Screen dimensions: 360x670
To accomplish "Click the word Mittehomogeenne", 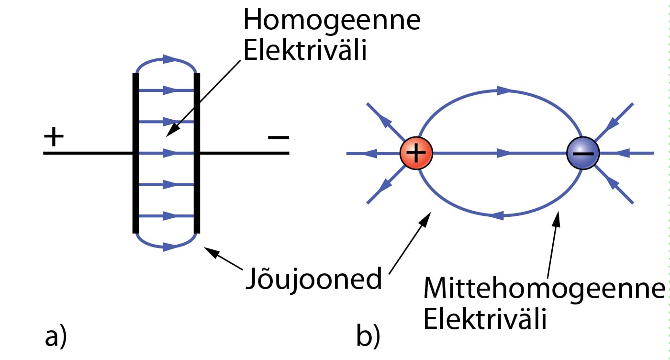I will (544, 289).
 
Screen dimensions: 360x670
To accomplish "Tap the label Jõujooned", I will (313, 279).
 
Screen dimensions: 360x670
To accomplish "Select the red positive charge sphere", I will (416, 153).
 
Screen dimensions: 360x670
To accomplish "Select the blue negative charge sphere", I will (582, 153).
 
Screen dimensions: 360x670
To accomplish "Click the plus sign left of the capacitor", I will (54, 138).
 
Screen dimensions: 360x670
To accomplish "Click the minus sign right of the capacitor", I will (279, 138).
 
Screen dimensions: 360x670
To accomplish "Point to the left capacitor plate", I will (136, 153).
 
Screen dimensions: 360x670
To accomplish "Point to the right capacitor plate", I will (197, 153).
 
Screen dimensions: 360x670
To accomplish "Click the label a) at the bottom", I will (56, 337).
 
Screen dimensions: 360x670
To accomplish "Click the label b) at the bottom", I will (368, 337).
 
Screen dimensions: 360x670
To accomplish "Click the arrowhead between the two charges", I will (503, 153).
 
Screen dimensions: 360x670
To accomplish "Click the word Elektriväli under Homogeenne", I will (305, 51).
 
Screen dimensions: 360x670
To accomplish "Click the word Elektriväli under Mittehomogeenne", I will (485, 320).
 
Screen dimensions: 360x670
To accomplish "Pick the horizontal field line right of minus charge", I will (632, 154).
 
